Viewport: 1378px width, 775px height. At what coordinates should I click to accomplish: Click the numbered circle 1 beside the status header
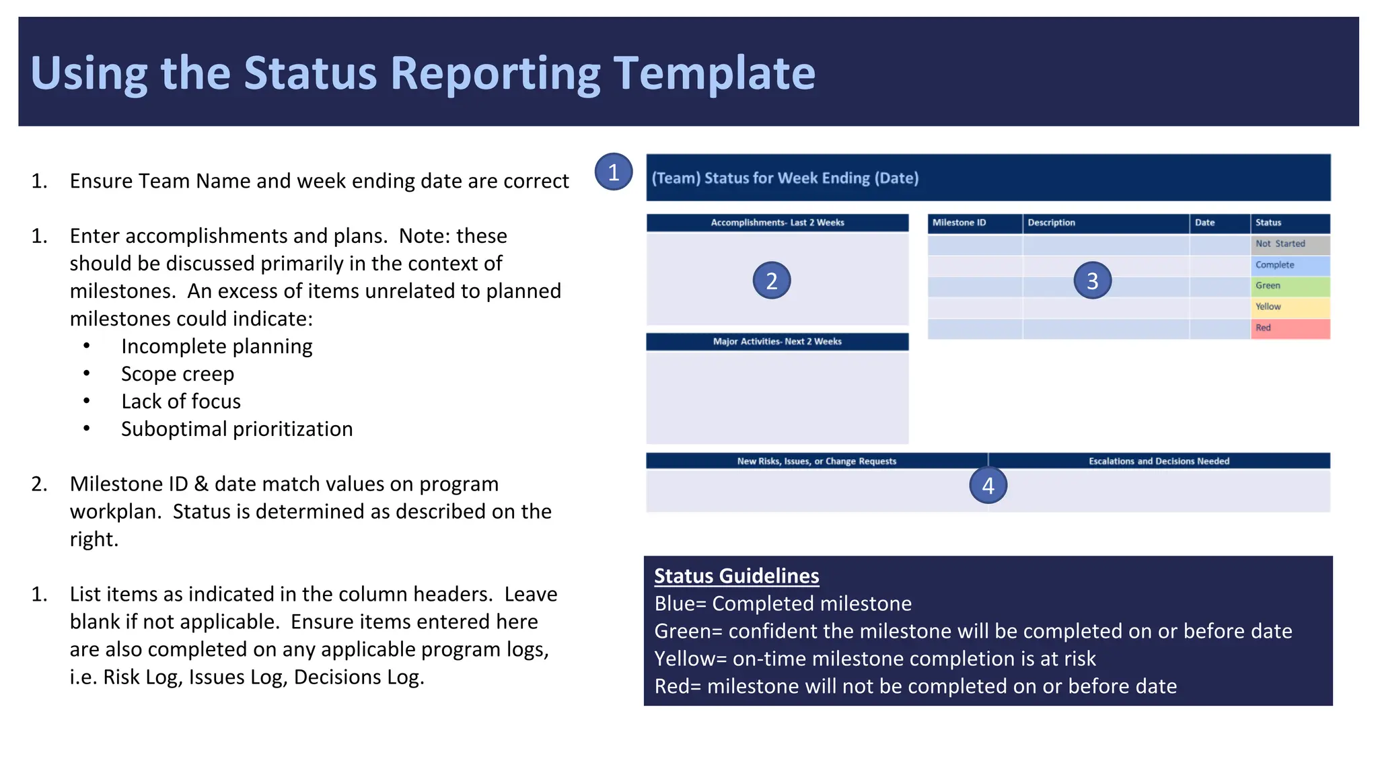pos(613,172)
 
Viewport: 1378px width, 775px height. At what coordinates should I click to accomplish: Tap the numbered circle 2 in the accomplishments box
pos(771,281)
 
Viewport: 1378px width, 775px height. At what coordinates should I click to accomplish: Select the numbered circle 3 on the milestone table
pos(1092,281)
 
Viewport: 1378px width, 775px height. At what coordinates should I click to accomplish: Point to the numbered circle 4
pos(988,486)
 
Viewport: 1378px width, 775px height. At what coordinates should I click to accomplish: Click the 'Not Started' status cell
pos(1289,244)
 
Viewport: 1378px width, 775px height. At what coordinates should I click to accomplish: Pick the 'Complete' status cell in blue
pos(1289,265)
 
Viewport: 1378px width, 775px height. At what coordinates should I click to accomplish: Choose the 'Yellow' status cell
pos(1289,307)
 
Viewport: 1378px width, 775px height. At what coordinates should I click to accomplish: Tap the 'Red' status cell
pos(1289,328)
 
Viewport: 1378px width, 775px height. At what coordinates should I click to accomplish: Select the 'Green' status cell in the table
pos(1289,286)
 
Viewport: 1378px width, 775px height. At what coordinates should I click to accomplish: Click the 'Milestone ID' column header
pos(959,223)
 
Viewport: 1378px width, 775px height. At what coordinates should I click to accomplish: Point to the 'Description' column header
pos(1051,223)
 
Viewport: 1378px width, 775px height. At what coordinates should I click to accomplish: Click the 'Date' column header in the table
pos(1204,223)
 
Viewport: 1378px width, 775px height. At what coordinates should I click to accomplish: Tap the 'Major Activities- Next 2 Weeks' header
pos(777,342)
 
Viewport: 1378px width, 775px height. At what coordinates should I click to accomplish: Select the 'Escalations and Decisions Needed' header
pos(1159,462)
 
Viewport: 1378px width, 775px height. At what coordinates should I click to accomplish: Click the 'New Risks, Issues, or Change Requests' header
pos(816,462)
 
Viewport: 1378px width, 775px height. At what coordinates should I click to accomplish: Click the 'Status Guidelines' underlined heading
pos(736,576)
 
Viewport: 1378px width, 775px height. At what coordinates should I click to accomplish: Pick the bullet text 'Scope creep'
pos(178,374)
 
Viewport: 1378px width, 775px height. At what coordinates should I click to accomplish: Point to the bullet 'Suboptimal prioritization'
pos(237,429)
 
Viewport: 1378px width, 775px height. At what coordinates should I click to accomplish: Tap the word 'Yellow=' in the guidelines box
pos(690,659)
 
